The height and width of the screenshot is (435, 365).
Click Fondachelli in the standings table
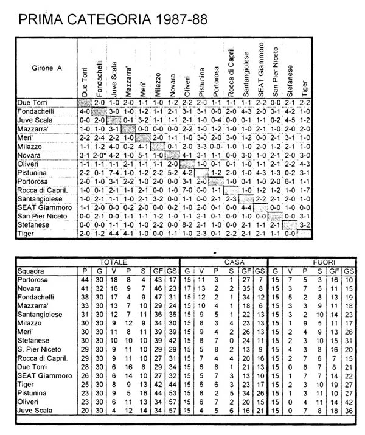pos(37,298)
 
